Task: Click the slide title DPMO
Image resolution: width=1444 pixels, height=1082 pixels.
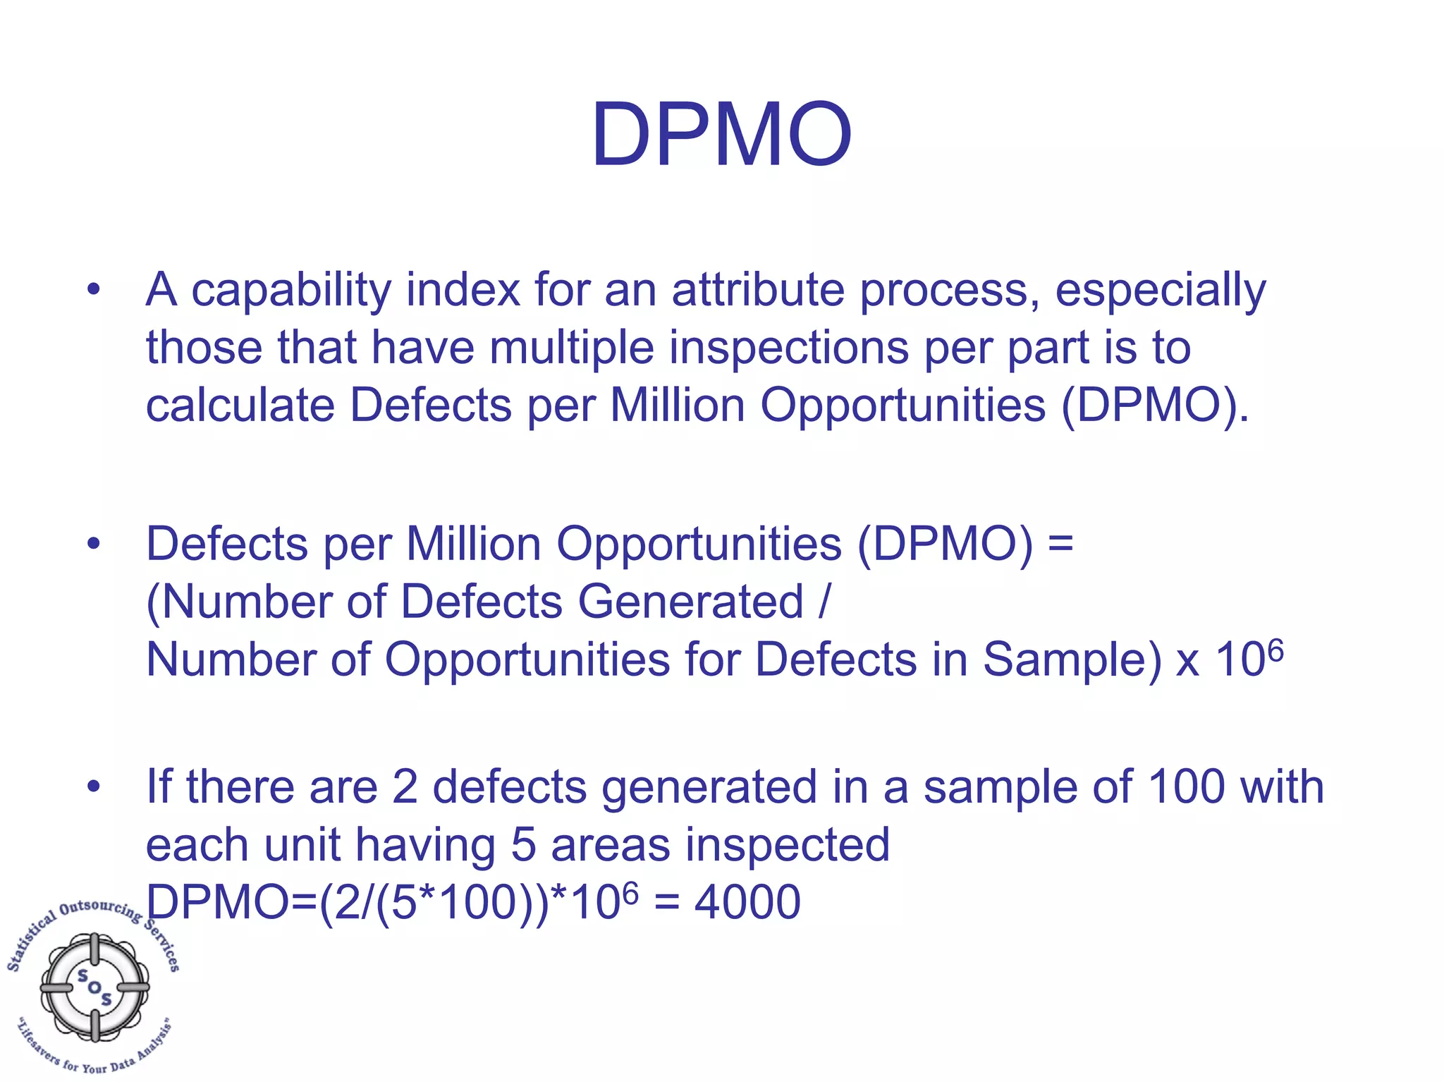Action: (x=721, y=135)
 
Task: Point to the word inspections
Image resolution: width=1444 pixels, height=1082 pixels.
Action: (x=788, y=348)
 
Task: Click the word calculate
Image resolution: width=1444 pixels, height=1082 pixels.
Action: (x=240, y=406)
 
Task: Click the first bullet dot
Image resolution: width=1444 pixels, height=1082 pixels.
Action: (x=94, y=290)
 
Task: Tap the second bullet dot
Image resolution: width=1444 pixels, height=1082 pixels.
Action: (x=94, y=545)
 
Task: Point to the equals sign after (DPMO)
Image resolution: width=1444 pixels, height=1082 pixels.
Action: (x=1060, y=545)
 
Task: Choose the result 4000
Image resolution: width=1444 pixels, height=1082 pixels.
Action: (x=747, y=902)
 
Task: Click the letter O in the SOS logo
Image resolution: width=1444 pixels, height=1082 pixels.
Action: (x=94, y=987)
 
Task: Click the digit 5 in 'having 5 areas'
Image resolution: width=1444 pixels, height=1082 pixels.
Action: (x=523, y=845)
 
